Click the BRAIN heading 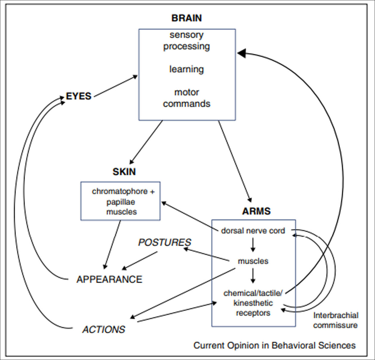[186, 18]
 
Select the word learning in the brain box [186, 69]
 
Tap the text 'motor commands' [186, 98]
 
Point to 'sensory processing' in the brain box [186, 40]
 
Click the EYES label [79, 96]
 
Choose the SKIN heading [124, 172]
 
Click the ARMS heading [256, 211]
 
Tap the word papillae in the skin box [120, 202]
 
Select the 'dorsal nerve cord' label [253, 231]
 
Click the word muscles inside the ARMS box [253, 261]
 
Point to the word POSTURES [165, 242]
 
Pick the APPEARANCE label [109, 279]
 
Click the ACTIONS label [104, 329]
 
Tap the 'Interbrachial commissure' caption [335, 320]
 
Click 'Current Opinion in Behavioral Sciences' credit [274, 345]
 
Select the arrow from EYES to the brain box [116, 86]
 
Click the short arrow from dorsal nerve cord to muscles [253, 245]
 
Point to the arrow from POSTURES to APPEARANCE [139, 260]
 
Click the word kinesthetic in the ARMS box [253, 303]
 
